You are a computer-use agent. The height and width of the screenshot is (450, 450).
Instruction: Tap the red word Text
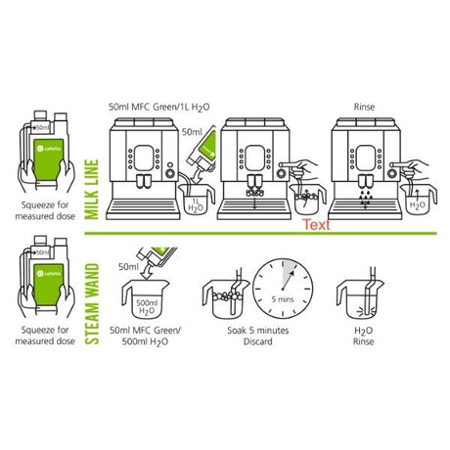[x=315, y=224]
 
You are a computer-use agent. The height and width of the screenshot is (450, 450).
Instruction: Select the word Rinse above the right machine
[x=364, y=110]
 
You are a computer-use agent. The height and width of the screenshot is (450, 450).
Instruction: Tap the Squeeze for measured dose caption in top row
[x=43, y=212]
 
